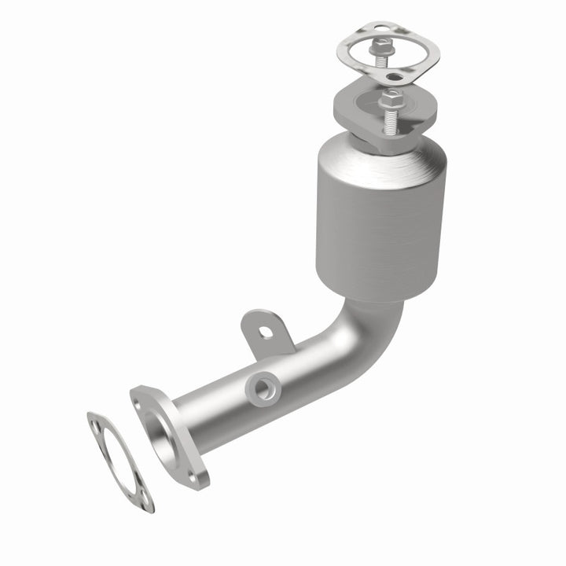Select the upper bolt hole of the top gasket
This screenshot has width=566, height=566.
[x=380, y=30]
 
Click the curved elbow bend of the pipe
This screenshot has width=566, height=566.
[x=358, y=330]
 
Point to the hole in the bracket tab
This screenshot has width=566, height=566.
[x=267, y=331]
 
